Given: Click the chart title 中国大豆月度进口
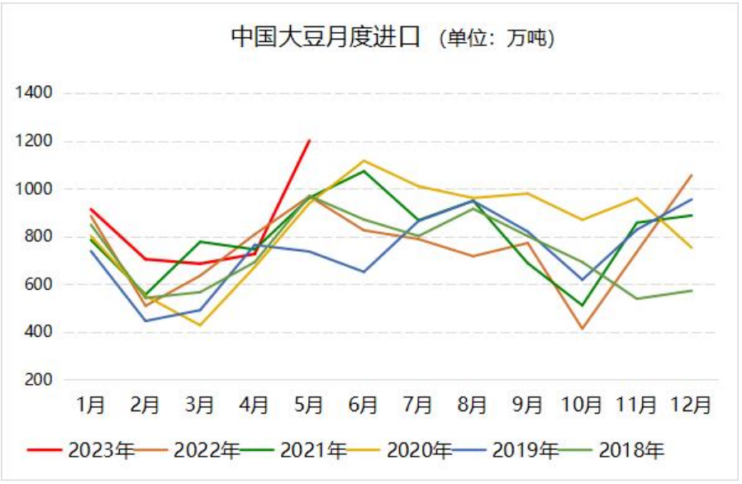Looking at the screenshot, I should click(x=326, y=37).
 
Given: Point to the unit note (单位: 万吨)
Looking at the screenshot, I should click(x=496, y=38).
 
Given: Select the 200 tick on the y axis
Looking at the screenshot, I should click(x=39, y=380).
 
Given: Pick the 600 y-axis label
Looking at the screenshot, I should click(x=39, y=285).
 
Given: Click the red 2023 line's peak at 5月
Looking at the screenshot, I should click(x=309, y=140).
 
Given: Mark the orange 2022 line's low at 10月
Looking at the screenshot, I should click(x=583, y=329).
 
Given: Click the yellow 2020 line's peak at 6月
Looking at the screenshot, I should click(x=364, y=160).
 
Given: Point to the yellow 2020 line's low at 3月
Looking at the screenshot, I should click(x=199, y=325).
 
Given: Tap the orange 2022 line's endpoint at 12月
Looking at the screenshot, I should click(x=692, y=175).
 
